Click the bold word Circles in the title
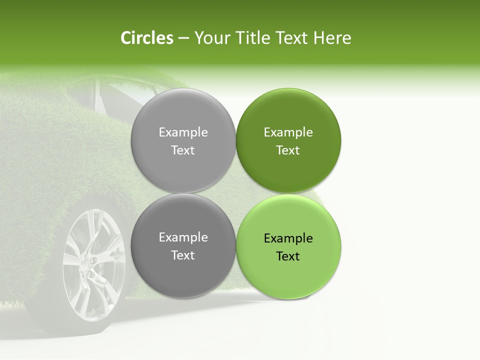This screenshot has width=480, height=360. [x=146, y=38]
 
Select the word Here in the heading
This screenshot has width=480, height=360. [x=332, y=38]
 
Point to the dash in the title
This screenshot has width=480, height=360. [x=183, y=38]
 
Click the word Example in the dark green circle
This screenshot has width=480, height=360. [x=288, y=132]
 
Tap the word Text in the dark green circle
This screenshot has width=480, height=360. [x=288, y=150]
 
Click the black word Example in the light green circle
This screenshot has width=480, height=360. [x=288, y=238]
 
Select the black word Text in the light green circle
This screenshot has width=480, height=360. [x=288, y=256]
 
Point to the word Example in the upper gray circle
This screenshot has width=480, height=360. [x=183, y=132]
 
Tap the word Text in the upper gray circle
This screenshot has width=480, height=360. [x=183, y=150]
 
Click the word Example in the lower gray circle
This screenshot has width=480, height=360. [x=183, y=237]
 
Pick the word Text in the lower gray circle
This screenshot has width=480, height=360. [x=183, y=255]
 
